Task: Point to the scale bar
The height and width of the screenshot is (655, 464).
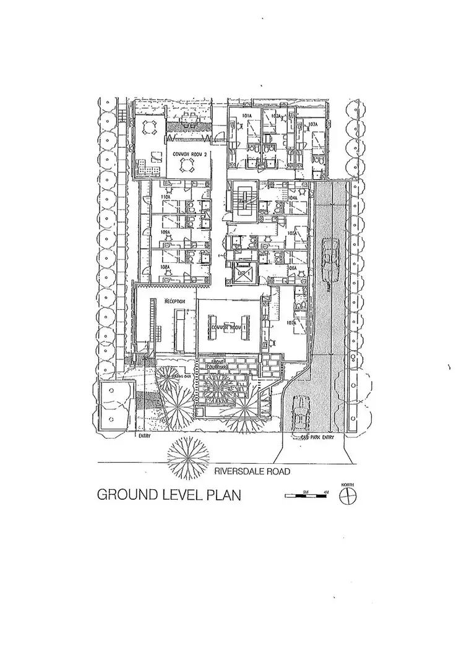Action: click(x=307, y=495)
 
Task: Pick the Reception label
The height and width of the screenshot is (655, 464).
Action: click(x=176, y=301)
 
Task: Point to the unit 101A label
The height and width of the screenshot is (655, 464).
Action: click(x=246, y=116)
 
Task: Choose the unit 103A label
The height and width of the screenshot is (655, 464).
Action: click(x=312, y=124)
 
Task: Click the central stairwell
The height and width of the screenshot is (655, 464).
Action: click(x=243, y=201)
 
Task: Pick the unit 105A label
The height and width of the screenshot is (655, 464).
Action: click(x=291, y=233)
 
